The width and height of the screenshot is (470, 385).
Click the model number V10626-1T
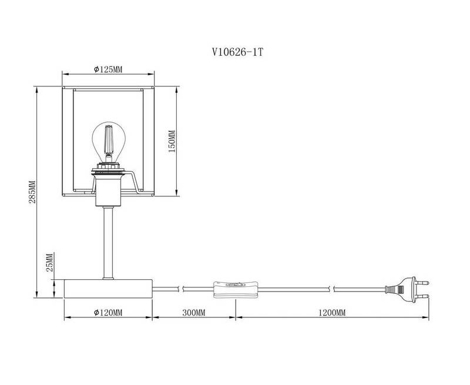237,52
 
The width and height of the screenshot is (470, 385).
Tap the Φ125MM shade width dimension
108,69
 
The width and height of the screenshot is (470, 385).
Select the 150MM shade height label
172,141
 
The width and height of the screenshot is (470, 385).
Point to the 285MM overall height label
32,192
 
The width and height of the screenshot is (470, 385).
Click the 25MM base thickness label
50,262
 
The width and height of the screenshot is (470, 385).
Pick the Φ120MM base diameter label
108,313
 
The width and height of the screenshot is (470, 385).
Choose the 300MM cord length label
194,313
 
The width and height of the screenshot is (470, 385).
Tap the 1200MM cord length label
332,313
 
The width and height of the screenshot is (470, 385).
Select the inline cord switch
236,289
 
